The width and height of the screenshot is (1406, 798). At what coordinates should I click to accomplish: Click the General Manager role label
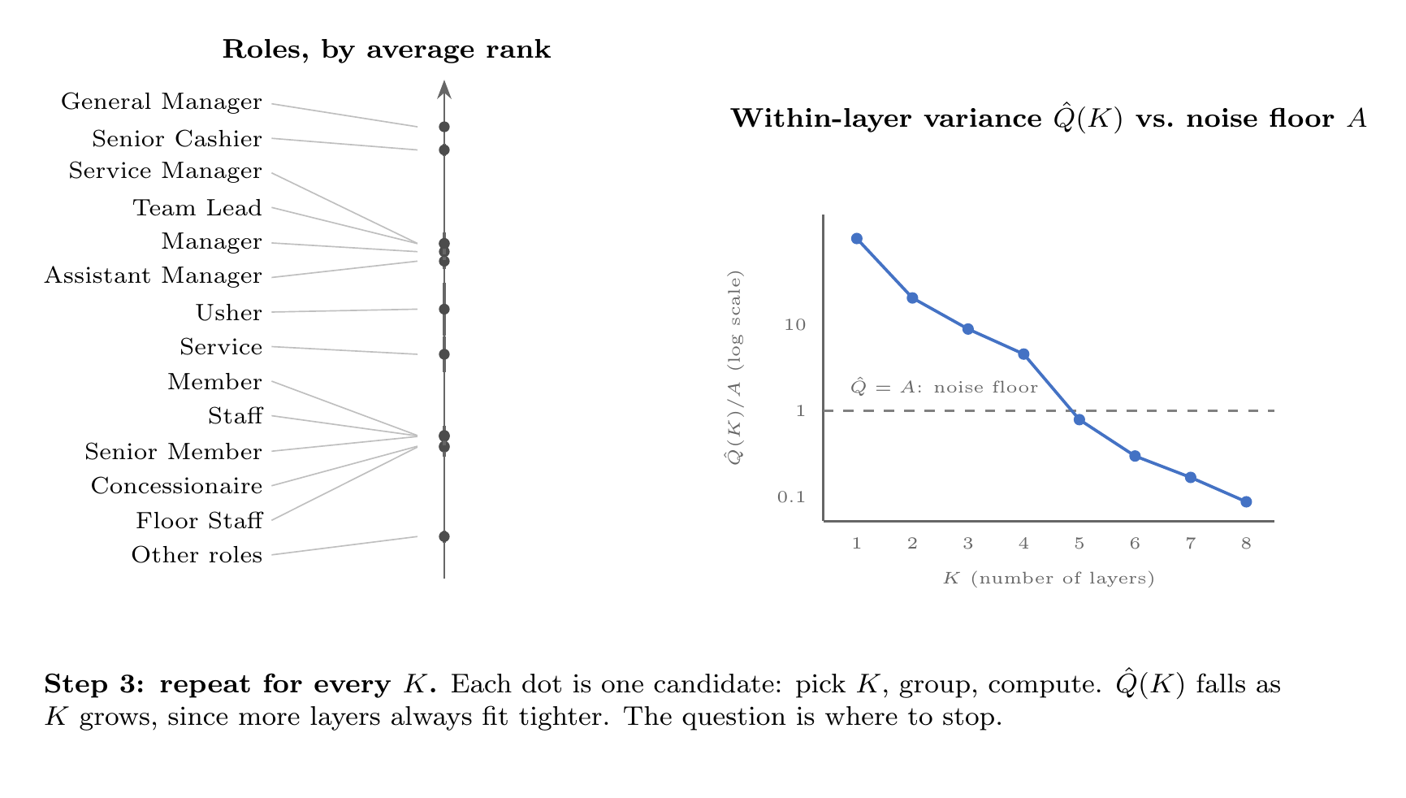[162, 102]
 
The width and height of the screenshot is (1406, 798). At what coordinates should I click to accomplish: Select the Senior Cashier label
[177, 139]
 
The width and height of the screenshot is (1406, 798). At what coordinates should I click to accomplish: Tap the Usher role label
[229, 313]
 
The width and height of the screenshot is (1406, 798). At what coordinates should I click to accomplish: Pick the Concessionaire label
[177, 486]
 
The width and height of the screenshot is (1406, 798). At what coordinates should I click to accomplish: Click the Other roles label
[197, 555]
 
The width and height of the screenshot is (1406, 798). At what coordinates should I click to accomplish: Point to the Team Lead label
[197, 208]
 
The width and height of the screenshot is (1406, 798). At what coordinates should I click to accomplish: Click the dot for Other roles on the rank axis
[444, 536]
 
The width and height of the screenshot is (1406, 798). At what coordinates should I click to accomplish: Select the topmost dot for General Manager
[444, 127]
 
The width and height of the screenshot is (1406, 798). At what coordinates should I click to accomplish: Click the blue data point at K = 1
[856, 239]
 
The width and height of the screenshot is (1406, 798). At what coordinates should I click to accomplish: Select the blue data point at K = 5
[1079, 420]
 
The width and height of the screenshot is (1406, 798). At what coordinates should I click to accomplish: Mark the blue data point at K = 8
[1246, 502]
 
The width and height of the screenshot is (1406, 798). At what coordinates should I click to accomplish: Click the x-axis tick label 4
[1023, 544]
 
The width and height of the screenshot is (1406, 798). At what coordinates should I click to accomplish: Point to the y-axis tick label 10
[795, 325]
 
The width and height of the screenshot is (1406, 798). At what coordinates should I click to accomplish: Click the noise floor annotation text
[944, 386]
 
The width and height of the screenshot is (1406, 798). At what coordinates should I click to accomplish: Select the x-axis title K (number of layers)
[1049, 579]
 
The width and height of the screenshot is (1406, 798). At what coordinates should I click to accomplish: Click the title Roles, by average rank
[387, 50]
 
